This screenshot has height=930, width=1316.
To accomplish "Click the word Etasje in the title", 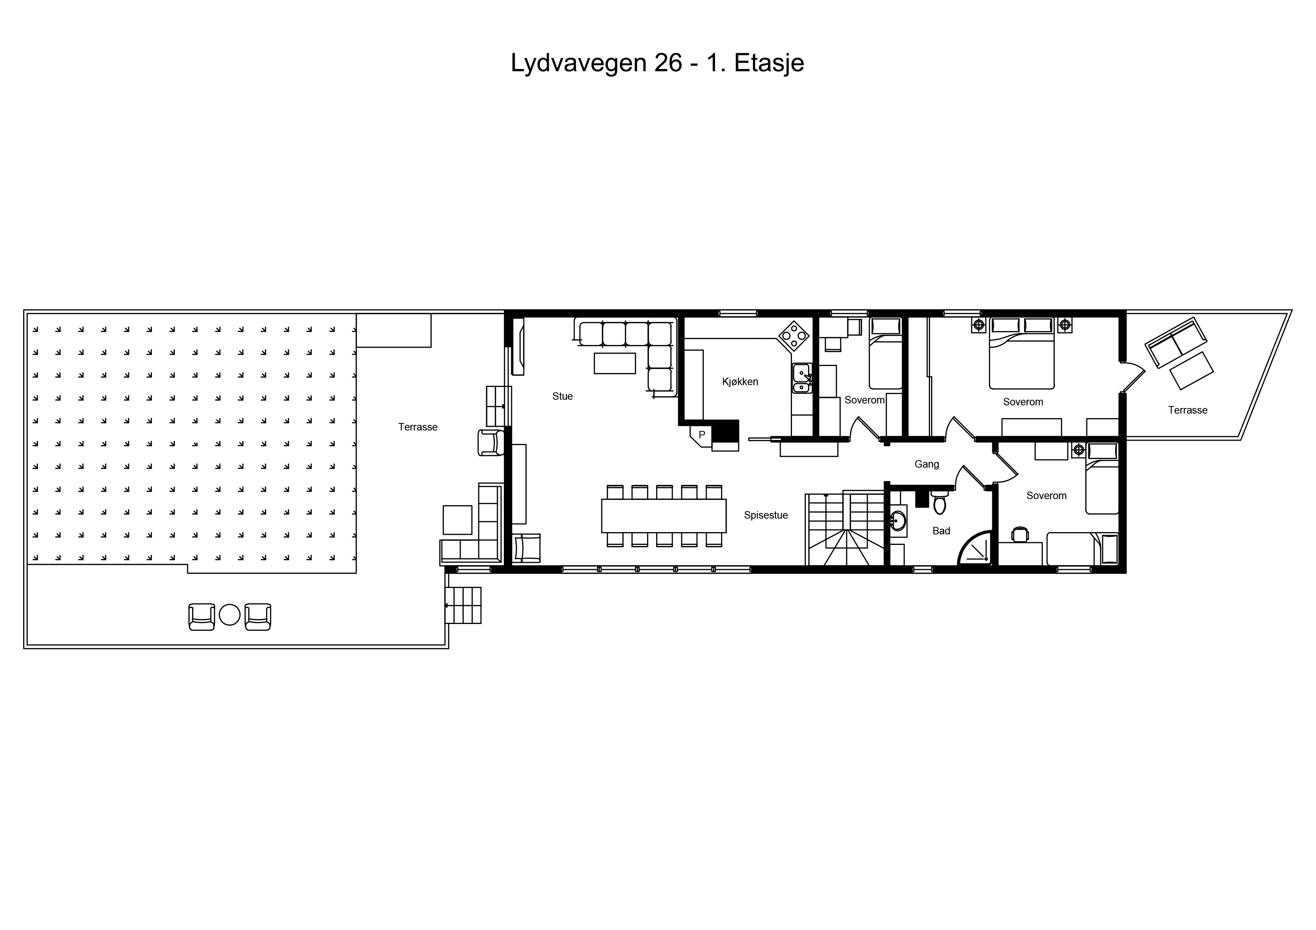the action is pyautogui.click(x=769, y=63).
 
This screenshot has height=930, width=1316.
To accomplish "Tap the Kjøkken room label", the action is pyautogui.click(x=740, y=382).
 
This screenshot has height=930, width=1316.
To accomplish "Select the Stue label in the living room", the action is pyautogui.click(x=562, y=396).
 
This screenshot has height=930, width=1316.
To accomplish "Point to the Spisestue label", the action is pyautogui.click(x=766, y=515).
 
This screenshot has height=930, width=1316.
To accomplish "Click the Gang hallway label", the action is pyautogui.click(x=927, y=464).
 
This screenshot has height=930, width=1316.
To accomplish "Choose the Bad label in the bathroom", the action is pyautogui.click(x=941, y=531).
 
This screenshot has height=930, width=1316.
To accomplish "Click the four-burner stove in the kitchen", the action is pyautogui.click(x=794, y=335).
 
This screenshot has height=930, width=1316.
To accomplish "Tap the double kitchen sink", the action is pyautogui.click(x=801, y=378).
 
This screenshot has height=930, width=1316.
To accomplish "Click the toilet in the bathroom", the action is pyautogui.click(x=939, y=502).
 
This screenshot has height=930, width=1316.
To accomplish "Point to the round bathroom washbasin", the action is pyautogui.click(x=898, y=521).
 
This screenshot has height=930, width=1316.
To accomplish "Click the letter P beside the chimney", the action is pyautogui.click(x=702, y=435).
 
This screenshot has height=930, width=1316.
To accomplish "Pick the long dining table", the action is pyautogui.click(x=664, y=516).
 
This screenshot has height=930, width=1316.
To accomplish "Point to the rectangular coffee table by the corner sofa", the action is pyautogui.click(x=614, y=363).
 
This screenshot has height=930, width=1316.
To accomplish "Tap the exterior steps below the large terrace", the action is pyautogui.click(x=463, y=605).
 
